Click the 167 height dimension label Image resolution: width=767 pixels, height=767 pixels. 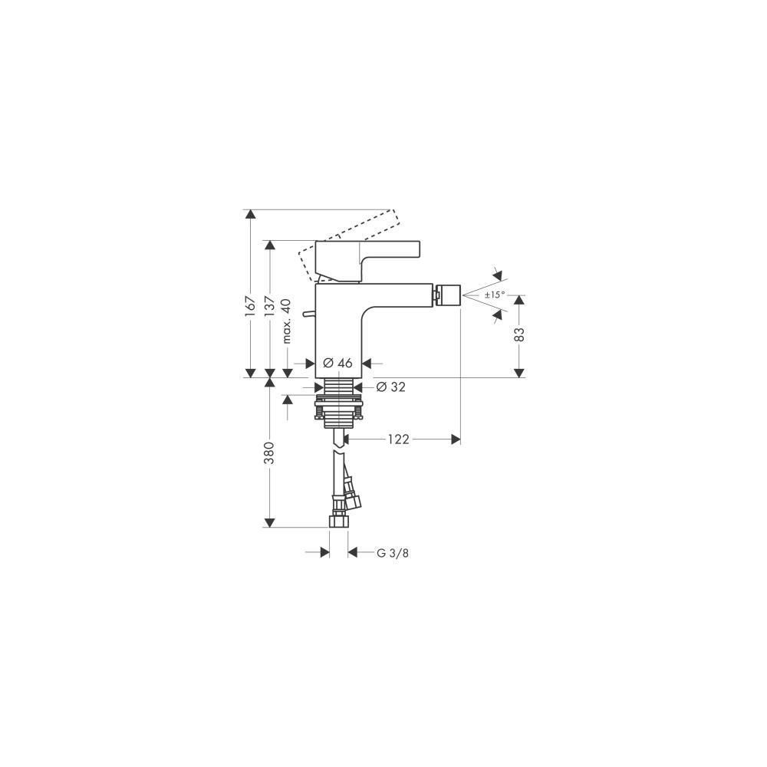pyautogui.click(x=250, y=306)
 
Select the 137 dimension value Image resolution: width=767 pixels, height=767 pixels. pyautogui.click(x=269, y=306)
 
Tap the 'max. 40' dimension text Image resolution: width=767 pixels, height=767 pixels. pyautogui.click(x=287, y=321)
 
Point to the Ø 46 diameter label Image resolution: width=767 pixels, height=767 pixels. pyautogui.click(x=338, y=363)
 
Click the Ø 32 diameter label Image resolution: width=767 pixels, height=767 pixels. pyautogui.click(x=391, y=387)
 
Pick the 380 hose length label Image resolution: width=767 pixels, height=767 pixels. pyautogui.click(x=269, y=453)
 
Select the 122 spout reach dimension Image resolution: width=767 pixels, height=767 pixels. pyautogui.click(x=398, y=439)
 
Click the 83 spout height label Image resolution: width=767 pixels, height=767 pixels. pyautogui.click(x=519, y=334)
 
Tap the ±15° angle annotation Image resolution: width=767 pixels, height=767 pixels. pyautogui.click(x=495, y=295)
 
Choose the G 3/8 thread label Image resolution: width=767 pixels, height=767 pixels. pyautogui.click(x=393, y=553)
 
